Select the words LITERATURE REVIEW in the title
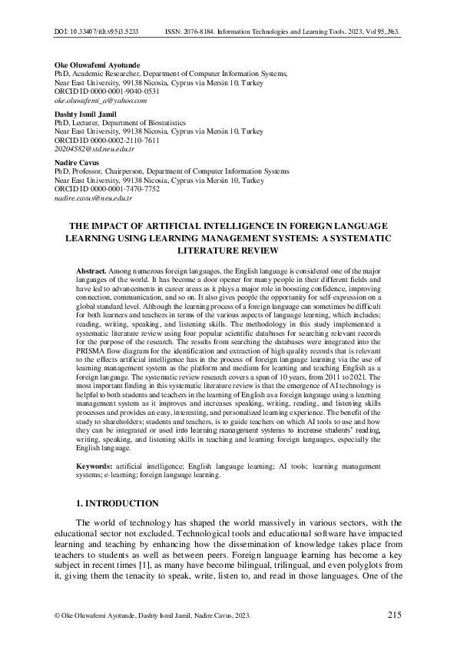point(228,251)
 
